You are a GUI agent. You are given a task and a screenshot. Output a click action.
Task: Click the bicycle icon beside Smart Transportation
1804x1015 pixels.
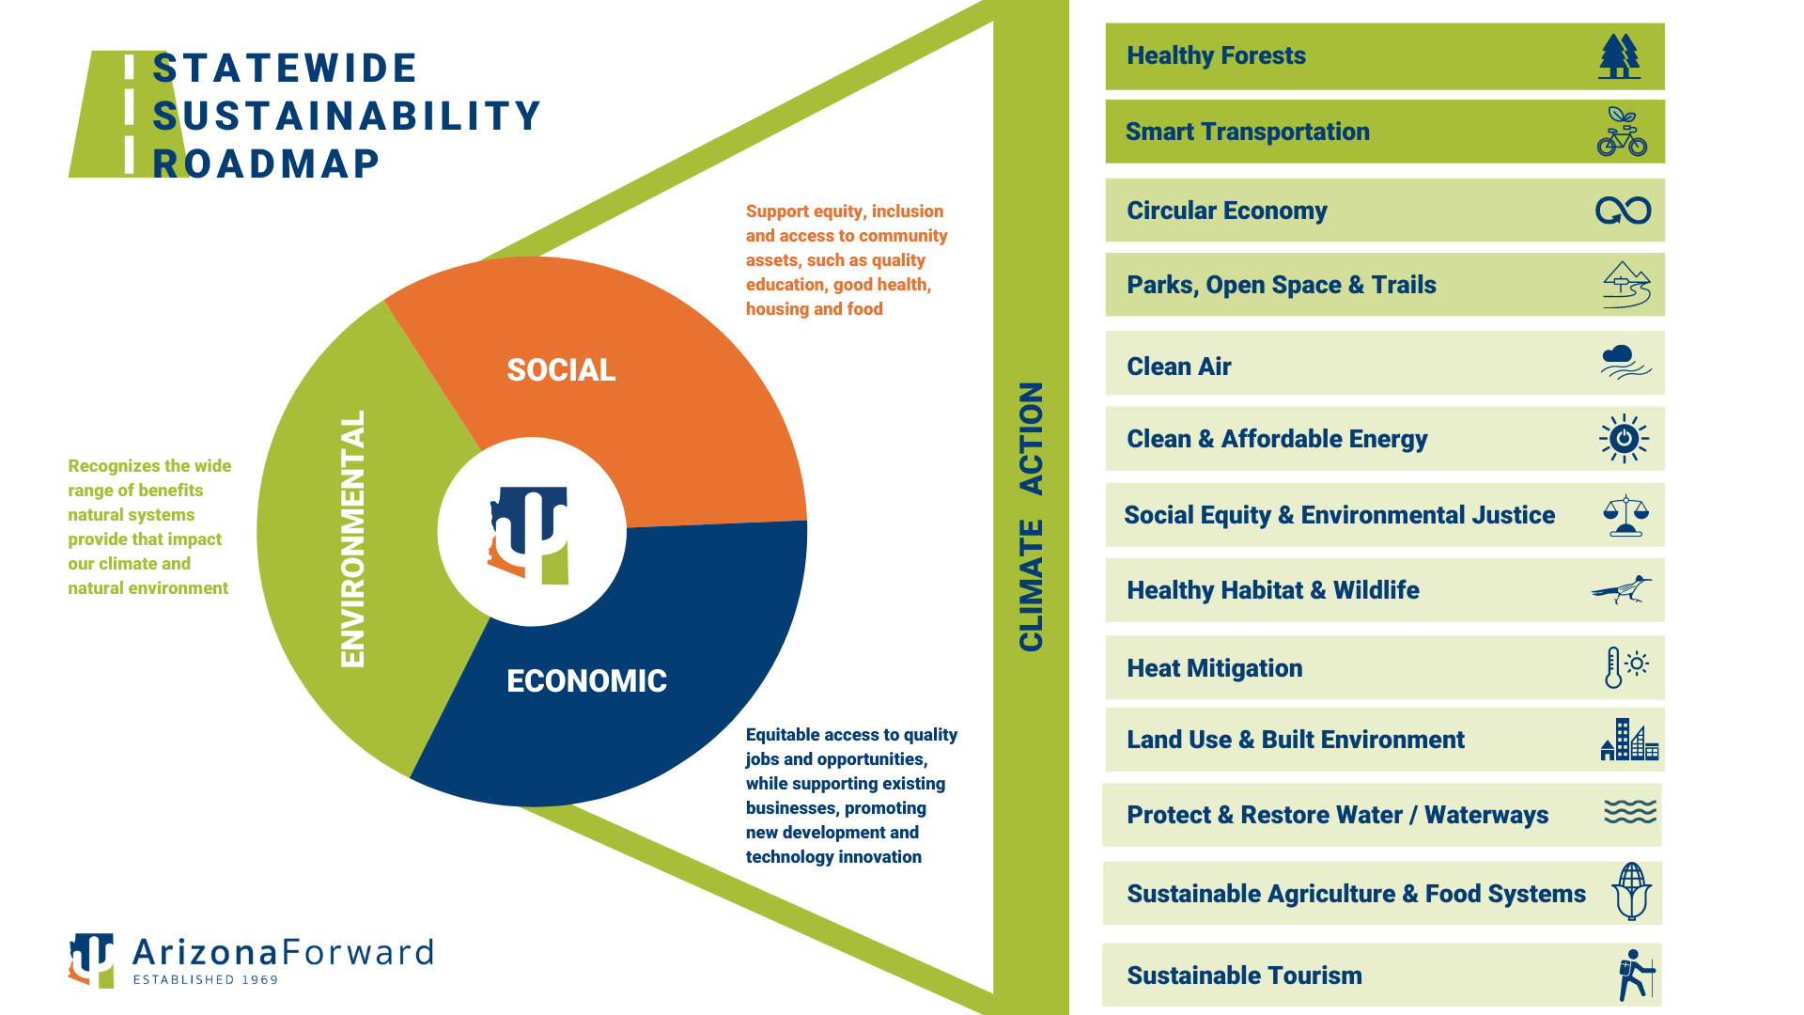coord(1622,133)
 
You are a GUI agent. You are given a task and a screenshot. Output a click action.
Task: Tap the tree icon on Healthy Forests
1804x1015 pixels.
coord(1619,56)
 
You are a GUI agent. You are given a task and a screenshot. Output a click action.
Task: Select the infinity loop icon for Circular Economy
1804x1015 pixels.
coord(1623,211)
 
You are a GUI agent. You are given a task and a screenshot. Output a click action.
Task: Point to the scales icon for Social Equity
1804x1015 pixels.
coord(1625,516)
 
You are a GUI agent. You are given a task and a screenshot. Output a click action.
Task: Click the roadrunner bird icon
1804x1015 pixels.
coord(1622,590)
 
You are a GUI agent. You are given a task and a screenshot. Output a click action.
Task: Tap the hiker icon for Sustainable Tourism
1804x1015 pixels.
coord(1635,975)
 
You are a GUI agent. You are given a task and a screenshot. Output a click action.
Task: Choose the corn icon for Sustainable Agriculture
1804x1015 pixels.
coord(1632,891)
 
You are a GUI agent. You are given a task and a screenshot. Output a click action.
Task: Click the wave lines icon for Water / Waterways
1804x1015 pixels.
coord(1630,812)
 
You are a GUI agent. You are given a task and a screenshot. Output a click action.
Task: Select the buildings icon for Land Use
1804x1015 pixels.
coord(1629,740)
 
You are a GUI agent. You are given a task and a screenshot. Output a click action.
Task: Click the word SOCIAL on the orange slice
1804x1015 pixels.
coord(561,370)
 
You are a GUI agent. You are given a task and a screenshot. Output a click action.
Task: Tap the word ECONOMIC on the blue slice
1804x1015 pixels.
coord(586,681)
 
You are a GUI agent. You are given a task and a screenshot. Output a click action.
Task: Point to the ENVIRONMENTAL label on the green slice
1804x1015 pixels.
coord(353,539)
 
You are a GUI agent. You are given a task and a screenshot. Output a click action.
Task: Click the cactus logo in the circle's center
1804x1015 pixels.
coord(531,534)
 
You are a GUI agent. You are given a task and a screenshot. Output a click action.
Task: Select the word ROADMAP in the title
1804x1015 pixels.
coord(266,164)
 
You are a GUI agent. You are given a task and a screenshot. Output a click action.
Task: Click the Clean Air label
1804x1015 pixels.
coord(1178,367)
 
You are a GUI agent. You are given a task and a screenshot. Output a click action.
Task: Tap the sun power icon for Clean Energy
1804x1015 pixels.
coord(1624,439)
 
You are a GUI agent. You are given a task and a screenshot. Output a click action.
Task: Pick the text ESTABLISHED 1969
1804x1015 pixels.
coord(206,979)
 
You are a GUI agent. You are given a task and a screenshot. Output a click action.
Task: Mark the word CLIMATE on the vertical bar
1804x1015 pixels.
coord(1031,585)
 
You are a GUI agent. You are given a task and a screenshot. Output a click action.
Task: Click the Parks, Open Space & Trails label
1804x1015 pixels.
coord(1281,285)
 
